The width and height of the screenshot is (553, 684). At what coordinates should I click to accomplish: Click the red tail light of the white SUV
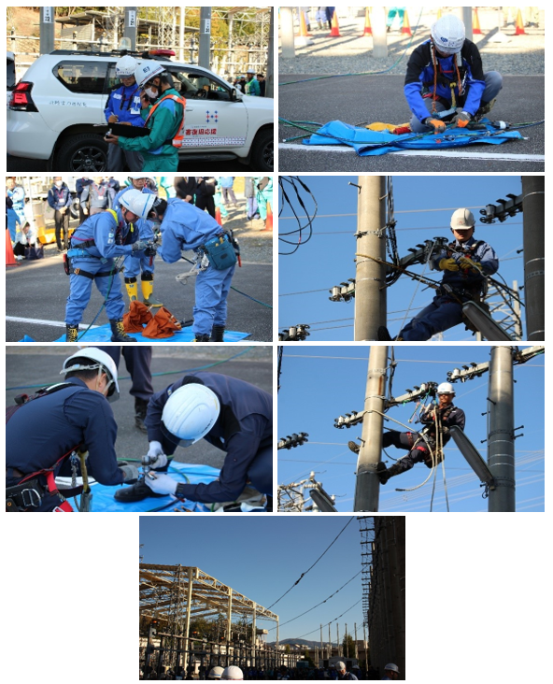pyautogui.click(x=21, y=96)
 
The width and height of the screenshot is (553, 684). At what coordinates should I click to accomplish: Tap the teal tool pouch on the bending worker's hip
pyautogui.click(x=220, y=251)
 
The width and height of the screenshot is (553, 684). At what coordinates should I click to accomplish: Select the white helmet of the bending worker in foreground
pyautogui.click(x=191, y=412)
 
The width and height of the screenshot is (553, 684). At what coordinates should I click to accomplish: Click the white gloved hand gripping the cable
pyautogui.click(x=159, y=483)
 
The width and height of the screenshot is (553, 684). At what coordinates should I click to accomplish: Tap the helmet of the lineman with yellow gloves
pyautogui.click(x=462, y=219)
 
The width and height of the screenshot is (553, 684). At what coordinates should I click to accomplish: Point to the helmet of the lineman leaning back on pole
pyautogui.click(x=446, y=388)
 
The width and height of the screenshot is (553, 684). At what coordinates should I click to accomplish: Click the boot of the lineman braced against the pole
pyautogui.click(x=355, y=447)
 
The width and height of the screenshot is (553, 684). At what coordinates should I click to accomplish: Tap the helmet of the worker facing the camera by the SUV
pyautogui.click(x=125, y=65)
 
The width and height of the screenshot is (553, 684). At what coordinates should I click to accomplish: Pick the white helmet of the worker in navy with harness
pyautogui.click(x=92, y=363)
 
